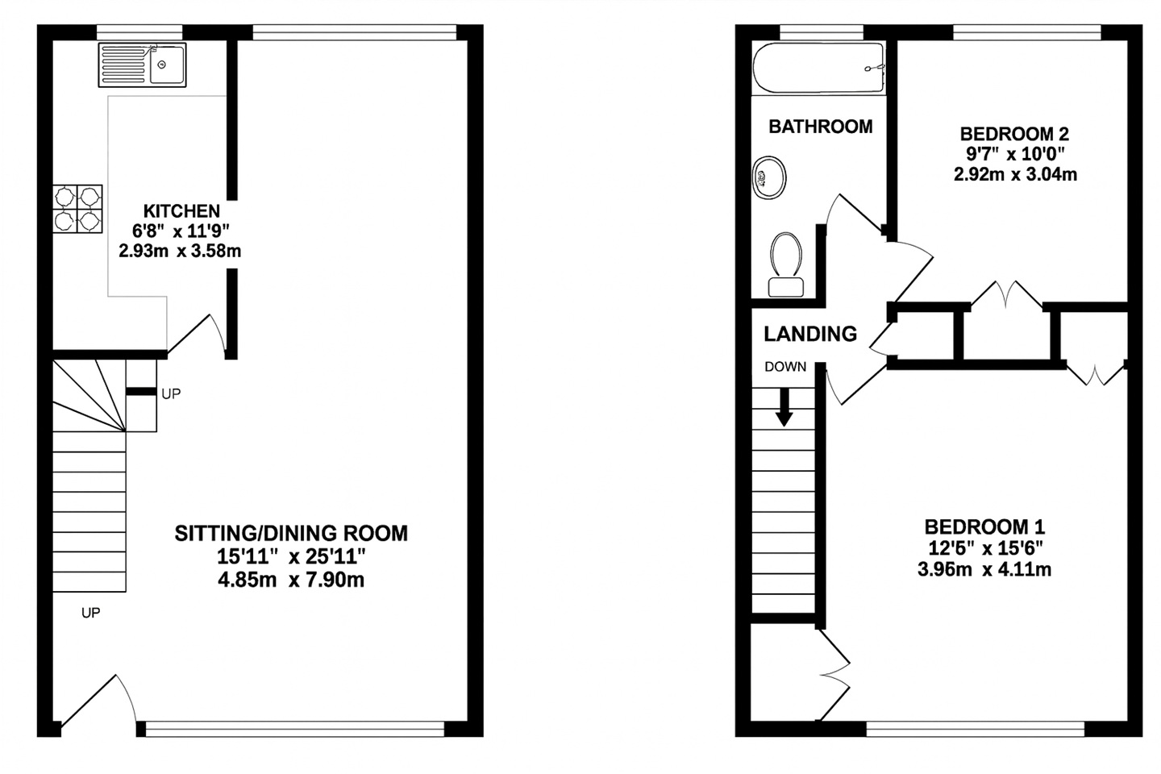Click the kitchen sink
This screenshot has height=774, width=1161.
coord(142,64)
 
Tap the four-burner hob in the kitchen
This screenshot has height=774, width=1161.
coord(77,209)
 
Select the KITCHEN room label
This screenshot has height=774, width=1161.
coord(181,211)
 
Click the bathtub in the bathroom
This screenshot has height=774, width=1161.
coord(819,68)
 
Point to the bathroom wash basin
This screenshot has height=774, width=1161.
coord(769,177)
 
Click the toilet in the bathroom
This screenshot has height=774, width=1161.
coord(786,264)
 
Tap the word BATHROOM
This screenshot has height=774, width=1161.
coord(821,127)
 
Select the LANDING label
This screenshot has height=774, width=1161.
coord(810,334)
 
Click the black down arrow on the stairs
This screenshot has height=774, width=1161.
coord(784,407)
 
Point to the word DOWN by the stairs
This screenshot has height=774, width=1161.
coord(786,367)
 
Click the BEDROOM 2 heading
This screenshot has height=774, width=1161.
coord(1014,134)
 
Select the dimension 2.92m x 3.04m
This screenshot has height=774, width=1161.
coord(1015,174)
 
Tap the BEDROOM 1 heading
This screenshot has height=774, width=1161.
coord(984,527)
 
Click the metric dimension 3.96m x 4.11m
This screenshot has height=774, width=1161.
coord(984,570)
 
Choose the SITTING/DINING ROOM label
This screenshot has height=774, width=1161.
coord(291,534)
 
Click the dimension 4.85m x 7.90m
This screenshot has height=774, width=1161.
coord(291,580)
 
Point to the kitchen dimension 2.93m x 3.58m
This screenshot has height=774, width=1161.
coord(180,251)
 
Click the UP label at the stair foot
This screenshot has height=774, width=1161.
coord(90,613)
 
